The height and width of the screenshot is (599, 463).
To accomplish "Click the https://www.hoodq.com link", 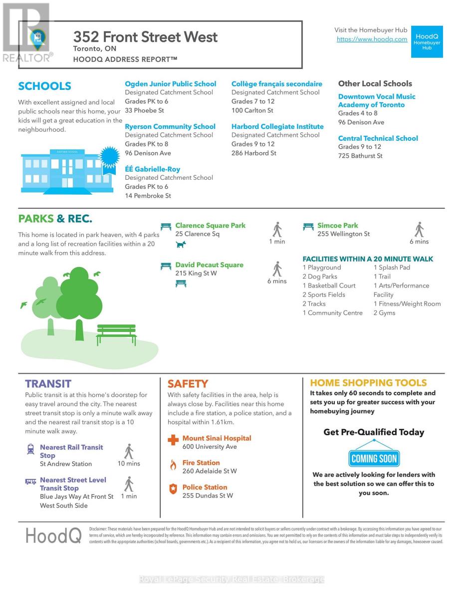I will pos(372,39).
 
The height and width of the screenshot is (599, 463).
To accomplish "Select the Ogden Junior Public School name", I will pos(171,84).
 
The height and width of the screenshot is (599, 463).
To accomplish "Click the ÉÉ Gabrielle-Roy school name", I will pos(153,169).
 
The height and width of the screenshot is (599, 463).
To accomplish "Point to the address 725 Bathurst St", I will pos(360,156).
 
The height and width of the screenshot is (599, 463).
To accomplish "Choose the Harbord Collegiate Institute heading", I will pos(277,127).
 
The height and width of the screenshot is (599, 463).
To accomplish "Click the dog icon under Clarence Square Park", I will pos(181,245).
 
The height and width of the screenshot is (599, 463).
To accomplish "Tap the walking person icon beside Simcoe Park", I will pos(419,230).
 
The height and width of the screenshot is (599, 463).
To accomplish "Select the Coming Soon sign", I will pos(374,458).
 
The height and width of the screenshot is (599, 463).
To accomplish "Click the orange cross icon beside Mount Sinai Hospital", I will pos(173,440).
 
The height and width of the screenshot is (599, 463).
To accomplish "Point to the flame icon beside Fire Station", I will pos(173,465).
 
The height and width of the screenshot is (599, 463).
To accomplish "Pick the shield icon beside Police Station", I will pos(173,489).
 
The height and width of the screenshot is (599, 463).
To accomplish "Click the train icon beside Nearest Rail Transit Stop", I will pos(30,449).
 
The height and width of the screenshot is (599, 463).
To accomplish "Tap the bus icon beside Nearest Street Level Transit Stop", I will pos(30,482).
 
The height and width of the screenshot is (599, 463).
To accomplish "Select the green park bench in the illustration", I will pos(116,334).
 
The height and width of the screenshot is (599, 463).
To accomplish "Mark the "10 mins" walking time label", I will pos(129,464).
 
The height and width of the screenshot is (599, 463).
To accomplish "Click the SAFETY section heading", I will pos(188,384).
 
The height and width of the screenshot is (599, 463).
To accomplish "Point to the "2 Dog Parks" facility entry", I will pos(320,277).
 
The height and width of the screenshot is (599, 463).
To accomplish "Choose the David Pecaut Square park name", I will pos(210,265).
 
